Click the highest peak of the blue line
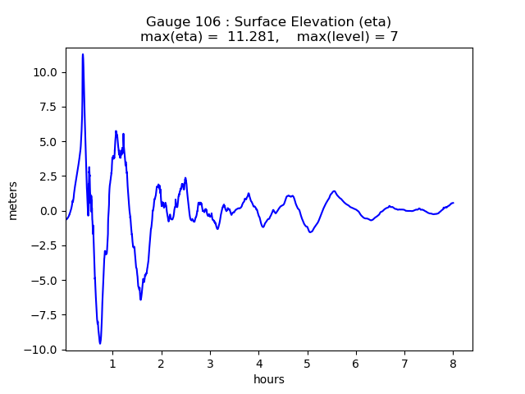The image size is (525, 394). click(x=83, y=54)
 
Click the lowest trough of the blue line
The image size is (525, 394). click(x=100, y=344)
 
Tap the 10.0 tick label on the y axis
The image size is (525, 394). click(x=47, y=72)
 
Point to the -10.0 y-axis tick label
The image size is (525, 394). click(x=43, y=350)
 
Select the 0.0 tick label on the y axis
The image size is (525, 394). click(x=49, y=211)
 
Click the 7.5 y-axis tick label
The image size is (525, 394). click(x=49, y=107)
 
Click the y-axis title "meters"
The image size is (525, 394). click(x=13, y=199)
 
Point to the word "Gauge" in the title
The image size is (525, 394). click(x=166, y=21)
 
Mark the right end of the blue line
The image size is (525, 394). click(x=453, y=203)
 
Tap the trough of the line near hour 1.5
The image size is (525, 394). click(x=140, y=300)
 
